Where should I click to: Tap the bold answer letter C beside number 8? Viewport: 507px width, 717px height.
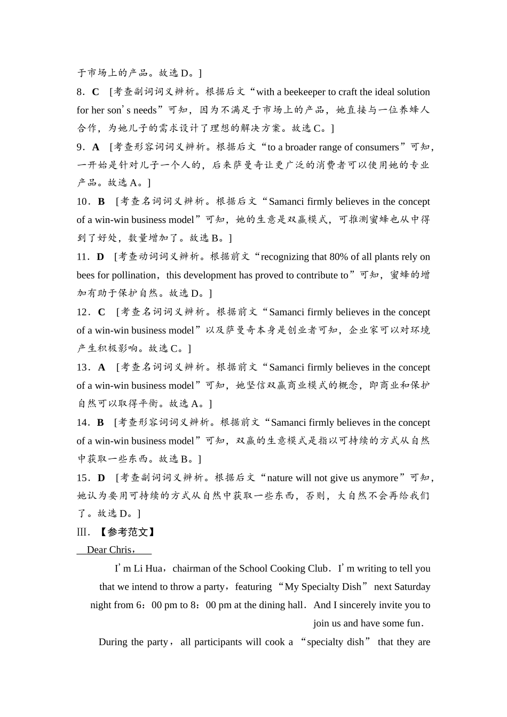pos(96,92)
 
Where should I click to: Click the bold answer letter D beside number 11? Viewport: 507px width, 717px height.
pos(100,257)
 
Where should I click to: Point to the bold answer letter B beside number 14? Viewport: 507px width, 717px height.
pos(100,423)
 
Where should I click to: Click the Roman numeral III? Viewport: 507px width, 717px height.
pos(82,532)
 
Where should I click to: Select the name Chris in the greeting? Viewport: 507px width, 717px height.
pos(120,549)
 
